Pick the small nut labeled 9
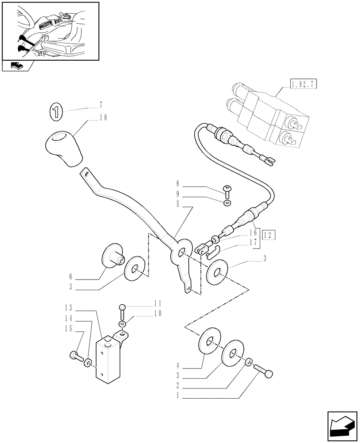(227, 203)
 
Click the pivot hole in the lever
(182, 253)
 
